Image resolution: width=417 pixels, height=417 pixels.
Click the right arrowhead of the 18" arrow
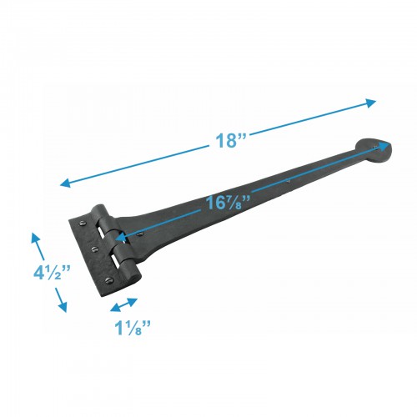click(373, 103)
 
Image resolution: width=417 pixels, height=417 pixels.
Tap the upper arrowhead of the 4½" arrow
click(35, 238)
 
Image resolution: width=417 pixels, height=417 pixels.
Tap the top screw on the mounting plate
click(82, 224)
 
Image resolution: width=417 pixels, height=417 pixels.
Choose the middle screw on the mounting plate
click(93, 248)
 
